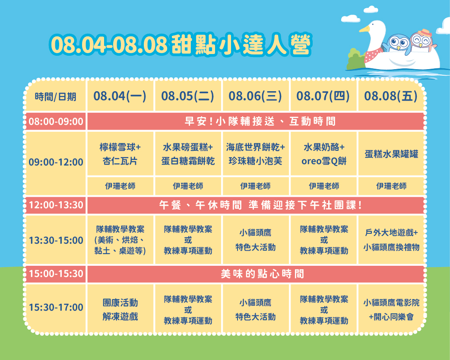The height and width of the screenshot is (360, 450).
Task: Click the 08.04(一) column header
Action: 120,96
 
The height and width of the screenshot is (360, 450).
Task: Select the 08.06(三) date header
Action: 255,96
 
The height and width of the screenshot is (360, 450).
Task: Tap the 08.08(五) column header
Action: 391,96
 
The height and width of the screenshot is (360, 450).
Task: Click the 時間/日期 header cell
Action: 55,96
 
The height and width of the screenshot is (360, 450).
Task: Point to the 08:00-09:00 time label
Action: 56,121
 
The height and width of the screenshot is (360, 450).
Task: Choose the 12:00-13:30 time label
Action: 56,205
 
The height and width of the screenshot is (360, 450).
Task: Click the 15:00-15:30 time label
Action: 56,274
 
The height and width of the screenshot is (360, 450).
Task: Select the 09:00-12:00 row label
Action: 56,162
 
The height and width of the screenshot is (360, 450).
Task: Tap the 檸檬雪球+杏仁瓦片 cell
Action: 120,154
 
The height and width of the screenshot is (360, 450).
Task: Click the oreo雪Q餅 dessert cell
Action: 324,154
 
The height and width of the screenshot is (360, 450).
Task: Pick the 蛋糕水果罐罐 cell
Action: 391,154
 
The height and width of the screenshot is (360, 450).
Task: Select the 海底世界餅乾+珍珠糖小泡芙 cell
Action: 255,154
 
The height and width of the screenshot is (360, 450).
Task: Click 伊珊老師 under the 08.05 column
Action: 188,186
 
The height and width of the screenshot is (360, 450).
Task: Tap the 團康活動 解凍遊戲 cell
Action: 120,309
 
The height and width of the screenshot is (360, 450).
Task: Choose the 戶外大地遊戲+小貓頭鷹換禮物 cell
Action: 391,239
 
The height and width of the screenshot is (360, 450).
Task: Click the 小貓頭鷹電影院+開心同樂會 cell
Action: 391,309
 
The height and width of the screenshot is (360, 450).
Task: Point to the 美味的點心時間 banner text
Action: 262,274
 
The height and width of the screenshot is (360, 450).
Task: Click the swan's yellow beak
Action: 364,29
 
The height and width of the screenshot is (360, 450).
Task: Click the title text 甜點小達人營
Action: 241,45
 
